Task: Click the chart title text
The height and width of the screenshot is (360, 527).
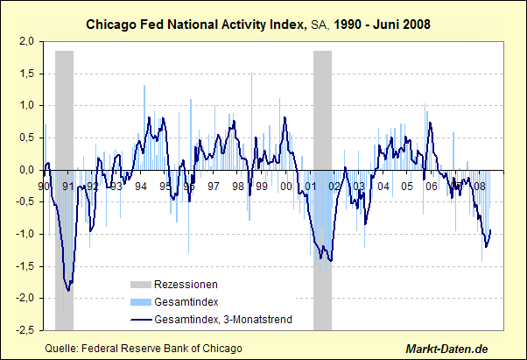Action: pyautogui.click(x=263, y=25)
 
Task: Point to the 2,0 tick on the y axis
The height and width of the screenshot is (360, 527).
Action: pyautogui.click(x=26, y=41)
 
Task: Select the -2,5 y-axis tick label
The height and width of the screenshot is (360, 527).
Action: pyautogui.click(x=25, y=330)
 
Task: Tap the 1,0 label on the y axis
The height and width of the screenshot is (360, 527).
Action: pyautogui.click(x=26, y=105)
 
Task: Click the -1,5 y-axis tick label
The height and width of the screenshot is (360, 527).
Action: pyautogui.click(x=25, y=266)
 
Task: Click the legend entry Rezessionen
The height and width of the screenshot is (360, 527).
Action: pyautogui.click(x=186, y=285)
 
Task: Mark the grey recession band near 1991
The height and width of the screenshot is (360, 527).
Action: pyautogui.click(x=64, y=105)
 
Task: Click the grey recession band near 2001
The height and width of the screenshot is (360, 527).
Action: pyautogui.click(x=322, y=105)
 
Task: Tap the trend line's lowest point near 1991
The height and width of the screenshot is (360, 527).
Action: pyautogui.click(x=67, y=291)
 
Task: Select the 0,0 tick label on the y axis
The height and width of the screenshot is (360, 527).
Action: pyautogui.click(x=26, y=170)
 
